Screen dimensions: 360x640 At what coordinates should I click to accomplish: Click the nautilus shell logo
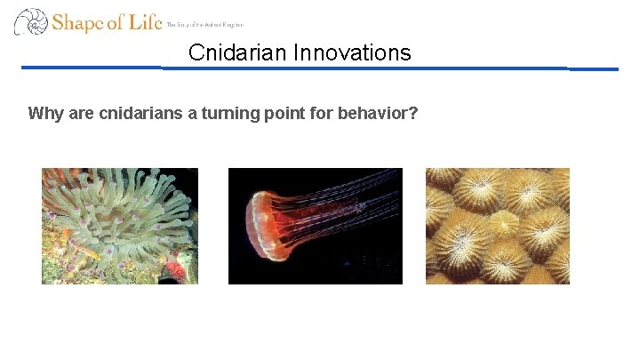[x=30, y=21]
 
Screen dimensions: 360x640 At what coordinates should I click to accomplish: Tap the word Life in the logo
[x=145, y=21]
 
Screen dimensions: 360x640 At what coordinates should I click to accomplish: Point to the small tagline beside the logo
[x=204, y=25]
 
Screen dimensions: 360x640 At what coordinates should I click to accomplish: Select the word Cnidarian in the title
[x=234, y=53]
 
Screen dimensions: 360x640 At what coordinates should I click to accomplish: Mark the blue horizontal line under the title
[x=320, y=68]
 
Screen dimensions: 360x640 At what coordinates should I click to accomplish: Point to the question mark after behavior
[x=413, y=114]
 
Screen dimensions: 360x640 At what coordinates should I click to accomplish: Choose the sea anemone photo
[x=119, y=226]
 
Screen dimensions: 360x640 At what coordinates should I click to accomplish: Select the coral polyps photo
[x=497, y=226]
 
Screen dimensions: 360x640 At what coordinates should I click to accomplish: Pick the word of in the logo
[x=116, y=22]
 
